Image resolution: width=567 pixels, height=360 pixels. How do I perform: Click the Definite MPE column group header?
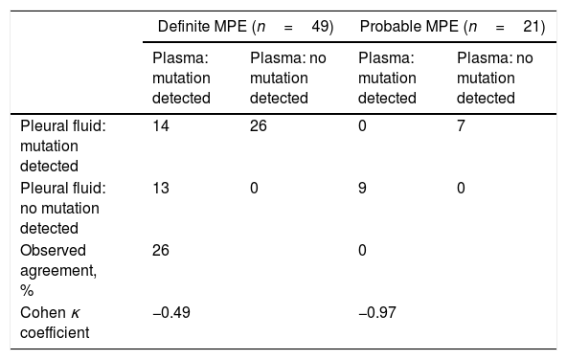[245, 27]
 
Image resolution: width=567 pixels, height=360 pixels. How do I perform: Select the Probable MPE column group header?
[452, 27]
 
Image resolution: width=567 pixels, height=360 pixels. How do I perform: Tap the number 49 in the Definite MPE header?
[320, 27]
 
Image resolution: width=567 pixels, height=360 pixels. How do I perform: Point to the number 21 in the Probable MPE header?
[532, 27]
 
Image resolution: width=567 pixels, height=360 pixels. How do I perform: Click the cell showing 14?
[161, 125]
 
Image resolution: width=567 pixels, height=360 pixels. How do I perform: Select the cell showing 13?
[161, 188]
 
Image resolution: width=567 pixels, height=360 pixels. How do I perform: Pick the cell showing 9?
[362, 188]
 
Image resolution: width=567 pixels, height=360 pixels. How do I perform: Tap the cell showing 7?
[461, 125]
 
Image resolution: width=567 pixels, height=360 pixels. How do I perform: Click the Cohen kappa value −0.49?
[171, 312]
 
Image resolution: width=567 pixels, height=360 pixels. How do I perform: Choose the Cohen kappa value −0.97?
[377, 312]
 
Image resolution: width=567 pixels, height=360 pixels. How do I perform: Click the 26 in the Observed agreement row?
[161, 250]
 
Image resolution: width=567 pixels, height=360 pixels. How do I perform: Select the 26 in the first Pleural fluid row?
[259, 125]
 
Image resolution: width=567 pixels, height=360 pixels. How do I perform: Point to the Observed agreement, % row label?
[58, 270]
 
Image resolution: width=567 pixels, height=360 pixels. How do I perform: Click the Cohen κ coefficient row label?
[55, 323]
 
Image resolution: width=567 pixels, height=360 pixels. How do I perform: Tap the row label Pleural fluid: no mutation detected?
[63, 208]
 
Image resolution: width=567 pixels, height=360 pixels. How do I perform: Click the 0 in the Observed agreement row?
[362, 250]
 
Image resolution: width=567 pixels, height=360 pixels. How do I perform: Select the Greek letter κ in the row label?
[76, 313]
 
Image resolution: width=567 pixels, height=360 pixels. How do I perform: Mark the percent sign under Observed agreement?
[27, 291]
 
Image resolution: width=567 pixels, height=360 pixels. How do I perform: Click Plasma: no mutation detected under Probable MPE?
[494, 79]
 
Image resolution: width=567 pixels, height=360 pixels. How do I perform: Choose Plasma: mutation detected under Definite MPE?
[181, 79]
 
